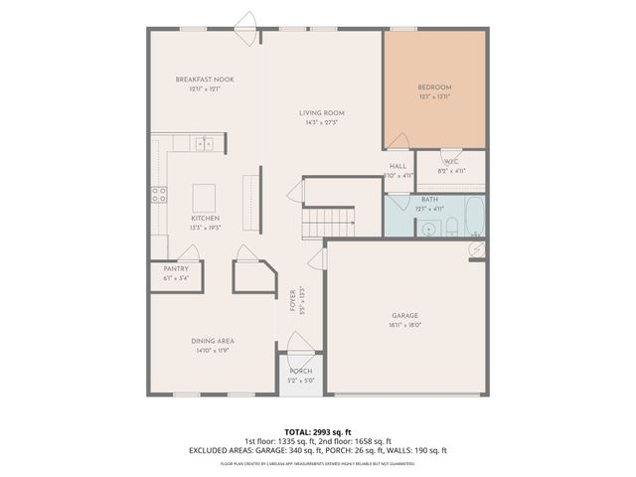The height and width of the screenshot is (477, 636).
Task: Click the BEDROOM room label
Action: point(434,87)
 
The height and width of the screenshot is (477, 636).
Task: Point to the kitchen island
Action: point(205,193)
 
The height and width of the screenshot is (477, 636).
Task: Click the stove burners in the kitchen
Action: point(158,195)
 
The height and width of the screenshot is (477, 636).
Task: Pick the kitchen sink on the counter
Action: point(205,144)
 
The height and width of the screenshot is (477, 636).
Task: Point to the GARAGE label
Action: point(404,316)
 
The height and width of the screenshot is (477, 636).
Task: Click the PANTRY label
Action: point(175,268)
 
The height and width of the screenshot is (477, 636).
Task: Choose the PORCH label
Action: point(300,371)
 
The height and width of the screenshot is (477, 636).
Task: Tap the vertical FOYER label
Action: point(292,300)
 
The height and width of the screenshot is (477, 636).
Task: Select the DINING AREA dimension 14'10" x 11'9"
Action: point(212,350)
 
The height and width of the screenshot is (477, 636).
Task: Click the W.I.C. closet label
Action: point(451,161)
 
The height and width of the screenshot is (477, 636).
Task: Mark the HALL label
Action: point(397,166)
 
